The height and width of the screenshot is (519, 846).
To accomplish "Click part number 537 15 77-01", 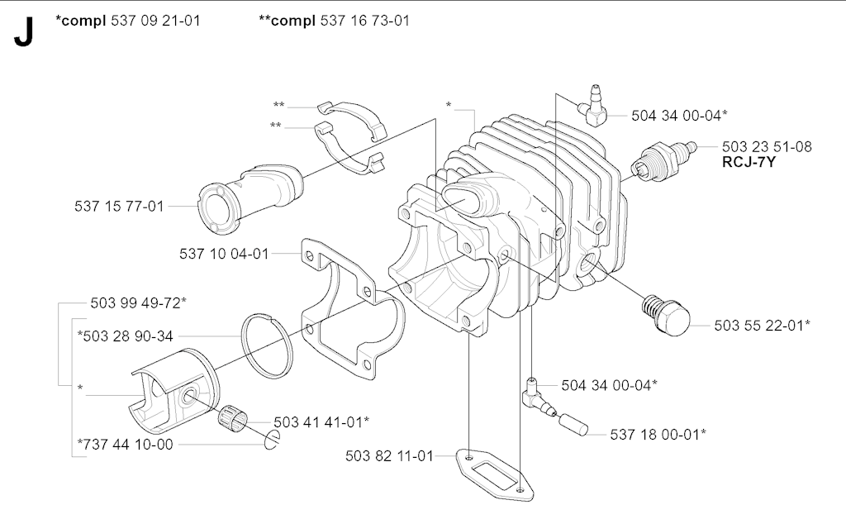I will click(x=119, y=206).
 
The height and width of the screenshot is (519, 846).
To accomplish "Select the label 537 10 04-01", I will click(x=224, y=254).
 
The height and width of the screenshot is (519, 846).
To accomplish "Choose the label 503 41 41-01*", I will click(x=321, y=421).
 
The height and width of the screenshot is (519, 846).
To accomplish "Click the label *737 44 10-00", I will click(x=126, y=445).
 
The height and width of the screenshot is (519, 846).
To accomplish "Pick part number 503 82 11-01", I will click(x=390, y=455).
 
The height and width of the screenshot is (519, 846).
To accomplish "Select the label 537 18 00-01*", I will click(x=658, y=433).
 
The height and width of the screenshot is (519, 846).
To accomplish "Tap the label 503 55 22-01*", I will click(x=763, y=325).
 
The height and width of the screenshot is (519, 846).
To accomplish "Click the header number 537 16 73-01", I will click(x=363, y=20).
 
